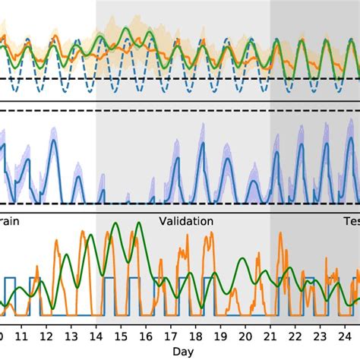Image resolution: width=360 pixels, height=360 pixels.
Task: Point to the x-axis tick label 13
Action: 71,335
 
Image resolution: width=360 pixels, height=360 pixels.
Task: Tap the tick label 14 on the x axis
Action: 96,335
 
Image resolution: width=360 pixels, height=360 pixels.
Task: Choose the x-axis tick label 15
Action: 121,335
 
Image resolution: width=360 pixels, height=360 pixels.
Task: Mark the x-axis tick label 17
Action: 171,335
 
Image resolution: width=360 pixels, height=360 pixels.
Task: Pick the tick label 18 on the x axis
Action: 196,335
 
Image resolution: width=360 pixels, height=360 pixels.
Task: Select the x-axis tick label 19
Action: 220,335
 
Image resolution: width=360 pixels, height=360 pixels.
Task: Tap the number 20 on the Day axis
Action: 245,335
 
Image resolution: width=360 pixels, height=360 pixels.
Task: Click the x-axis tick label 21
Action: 270,335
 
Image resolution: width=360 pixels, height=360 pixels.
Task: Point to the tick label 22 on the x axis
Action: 295,335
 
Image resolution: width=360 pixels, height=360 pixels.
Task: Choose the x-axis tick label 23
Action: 321,335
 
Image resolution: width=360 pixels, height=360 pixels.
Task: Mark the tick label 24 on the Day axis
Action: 345,335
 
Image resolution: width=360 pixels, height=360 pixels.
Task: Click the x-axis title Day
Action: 183,352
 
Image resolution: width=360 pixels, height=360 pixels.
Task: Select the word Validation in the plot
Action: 186,222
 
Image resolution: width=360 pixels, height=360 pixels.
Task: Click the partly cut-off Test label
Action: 349,222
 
